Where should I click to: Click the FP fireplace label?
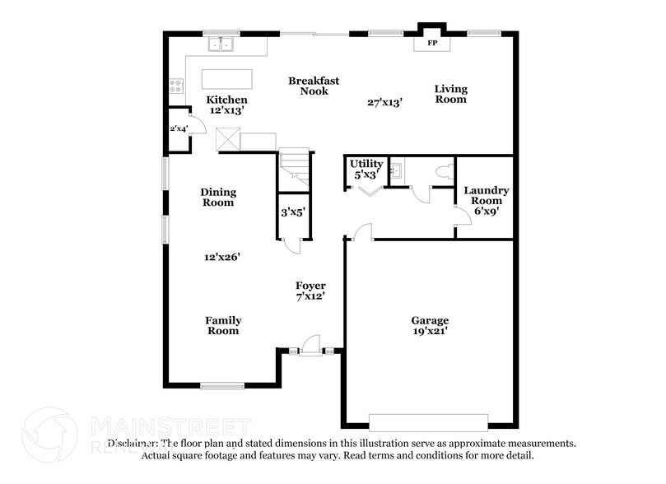click(x=431, y=41)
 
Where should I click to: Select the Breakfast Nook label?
click(x=314, y=86)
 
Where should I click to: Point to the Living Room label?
click(x=450, y=94)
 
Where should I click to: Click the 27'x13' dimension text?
click(x=384, y=103)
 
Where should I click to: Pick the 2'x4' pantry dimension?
click(x=178, y=129)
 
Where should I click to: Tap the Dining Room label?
click(x=218, y=197)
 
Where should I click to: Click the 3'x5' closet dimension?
click(x=292, y=212)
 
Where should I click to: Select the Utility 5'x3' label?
click(x=366, y=169)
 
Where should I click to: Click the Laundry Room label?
click(x=486, y=200)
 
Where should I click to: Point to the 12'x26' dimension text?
click(x=222, y=257)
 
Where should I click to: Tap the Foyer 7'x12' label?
click(x=311, y=291)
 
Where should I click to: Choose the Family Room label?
click(x=223, y=325)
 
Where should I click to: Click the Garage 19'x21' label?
click(x=430, y=325)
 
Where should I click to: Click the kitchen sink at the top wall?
click(x=220, y=44)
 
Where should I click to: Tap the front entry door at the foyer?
click(x=310, y=346)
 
